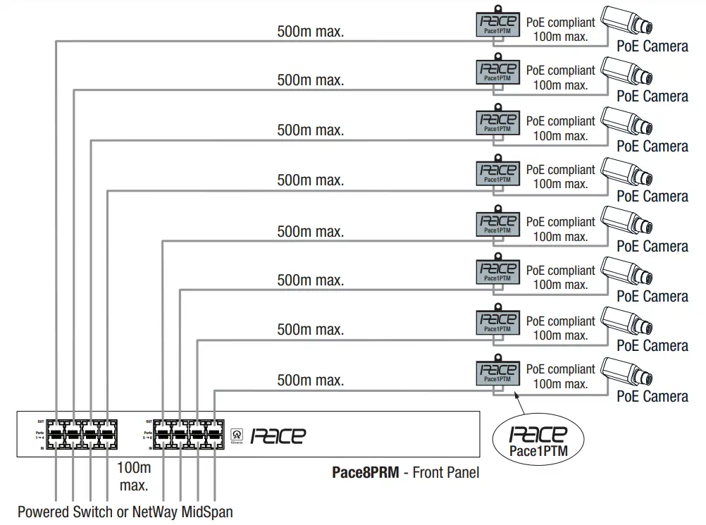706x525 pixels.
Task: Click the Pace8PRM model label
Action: point(364,472)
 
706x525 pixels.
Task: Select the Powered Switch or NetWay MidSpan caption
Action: point(125,511)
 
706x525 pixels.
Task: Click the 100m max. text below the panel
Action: point(134,476)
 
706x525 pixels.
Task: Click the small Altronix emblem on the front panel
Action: point(237,436)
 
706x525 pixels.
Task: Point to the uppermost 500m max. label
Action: point(310,31)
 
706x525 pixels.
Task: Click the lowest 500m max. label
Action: point(310,381)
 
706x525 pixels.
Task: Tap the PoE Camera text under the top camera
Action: point(652,47)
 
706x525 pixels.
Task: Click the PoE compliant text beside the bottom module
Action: point(560,369)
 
